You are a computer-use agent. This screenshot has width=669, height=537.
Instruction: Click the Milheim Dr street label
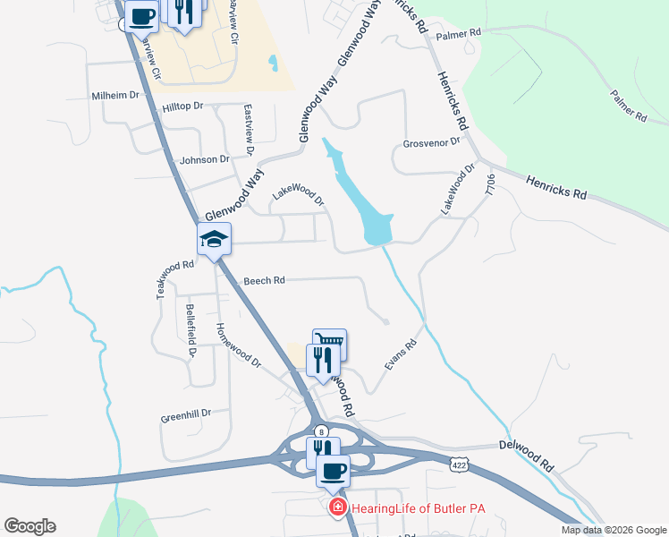coord(115,96)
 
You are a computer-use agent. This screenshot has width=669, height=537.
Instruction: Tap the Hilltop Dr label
coord(183,107)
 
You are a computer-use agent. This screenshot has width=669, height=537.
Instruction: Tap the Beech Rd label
coord(264,281)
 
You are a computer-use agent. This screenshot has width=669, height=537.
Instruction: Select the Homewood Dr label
coord(238,345)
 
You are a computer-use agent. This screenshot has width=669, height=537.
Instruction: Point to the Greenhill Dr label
coord(185,414)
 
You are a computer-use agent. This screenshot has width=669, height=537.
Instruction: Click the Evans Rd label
coord(402,355)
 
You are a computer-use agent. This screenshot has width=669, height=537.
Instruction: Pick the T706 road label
coord(489,185)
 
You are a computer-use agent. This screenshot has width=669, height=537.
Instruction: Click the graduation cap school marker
coord(215,240)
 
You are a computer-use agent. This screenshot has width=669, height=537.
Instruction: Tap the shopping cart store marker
coord(329,341)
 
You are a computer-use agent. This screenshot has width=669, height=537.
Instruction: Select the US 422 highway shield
coord(459,465)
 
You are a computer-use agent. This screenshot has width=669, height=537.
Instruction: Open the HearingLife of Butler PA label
coord(418,509)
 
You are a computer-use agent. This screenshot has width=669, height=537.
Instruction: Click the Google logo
coord(30,526)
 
